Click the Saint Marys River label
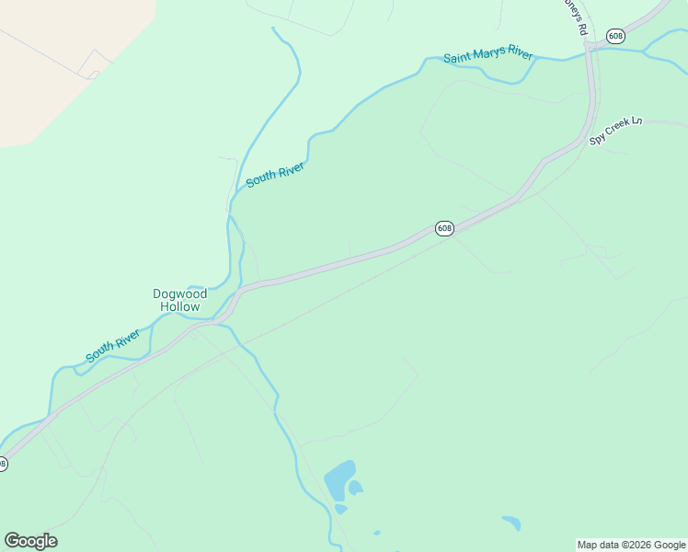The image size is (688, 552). [x=487, y=56]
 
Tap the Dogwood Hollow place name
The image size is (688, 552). [x=179, y=300]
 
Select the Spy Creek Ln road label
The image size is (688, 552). [x=615, y=132]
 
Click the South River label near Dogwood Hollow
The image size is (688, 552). [x=113, y=344]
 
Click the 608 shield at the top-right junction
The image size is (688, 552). [x=615, y=36]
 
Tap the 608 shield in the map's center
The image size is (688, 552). [x=444, y=228]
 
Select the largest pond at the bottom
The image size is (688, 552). [x=338, y=479]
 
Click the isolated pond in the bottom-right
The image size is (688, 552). [x=511, y=523]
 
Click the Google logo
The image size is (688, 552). [x=30, y=541]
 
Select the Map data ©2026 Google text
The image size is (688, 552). [x=631, y=545]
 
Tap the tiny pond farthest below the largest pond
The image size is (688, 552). [x=377, y=532]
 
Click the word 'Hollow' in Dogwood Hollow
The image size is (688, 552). [x=179, y=306]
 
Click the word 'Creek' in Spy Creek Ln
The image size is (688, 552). [x=618, y=132]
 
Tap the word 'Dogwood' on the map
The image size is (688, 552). [x=179, y=294]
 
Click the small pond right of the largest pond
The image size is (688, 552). [x=355, y=487]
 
